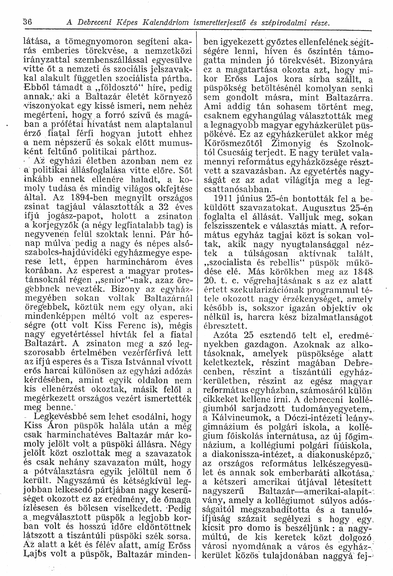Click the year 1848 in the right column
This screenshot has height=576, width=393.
click(358, 271)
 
